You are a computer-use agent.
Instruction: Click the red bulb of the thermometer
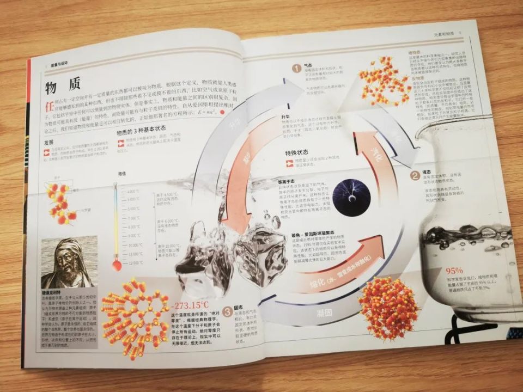pyautogui.click(x=117, y=266)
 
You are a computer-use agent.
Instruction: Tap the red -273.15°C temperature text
pyautogui.click(x=190, y=305)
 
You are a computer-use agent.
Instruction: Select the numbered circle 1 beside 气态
pyautogui.click(x=296, y=69)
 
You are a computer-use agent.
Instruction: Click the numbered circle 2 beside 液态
pyautogui.click(x=415, y=175)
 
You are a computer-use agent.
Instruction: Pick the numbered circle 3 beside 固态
pyautogui.click(x=226, y=312)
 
